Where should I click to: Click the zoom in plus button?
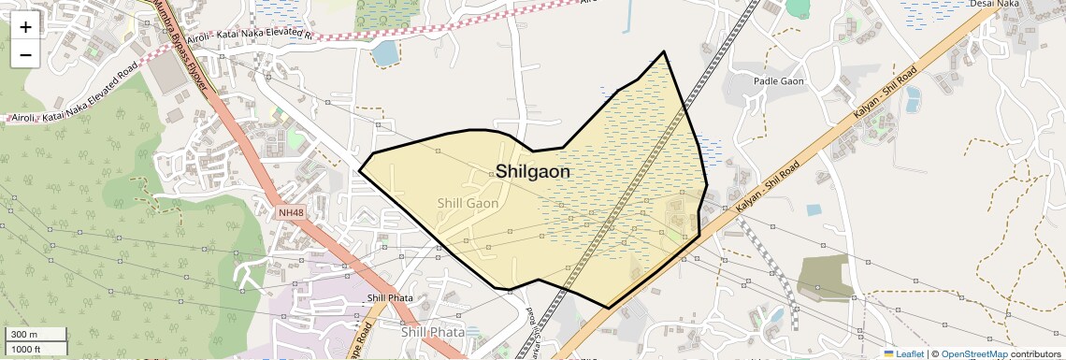coord(25,26)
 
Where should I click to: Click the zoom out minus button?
coord(25,54)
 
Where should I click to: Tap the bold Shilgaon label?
coord(532,172)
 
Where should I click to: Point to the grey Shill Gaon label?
coord(468,203)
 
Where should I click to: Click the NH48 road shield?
coord(291,213)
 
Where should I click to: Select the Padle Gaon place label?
coord(779,82)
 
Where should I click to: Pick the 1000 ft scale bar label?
coord(27,349)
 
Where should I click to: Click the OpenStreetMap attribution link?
coord(974,354)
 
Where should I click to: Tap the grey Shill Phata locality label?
coord(433,332)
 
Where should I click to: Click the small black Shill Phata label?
coord(390,299)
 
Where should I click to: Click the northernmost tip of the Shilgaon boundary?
coord(664,51)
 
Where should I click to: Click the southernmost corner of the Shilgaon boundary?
coord(609,308)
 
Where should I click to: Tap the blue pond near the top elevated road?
coord(384,53)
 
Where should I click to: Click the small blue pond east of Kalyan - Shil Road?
coord(814,210)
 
